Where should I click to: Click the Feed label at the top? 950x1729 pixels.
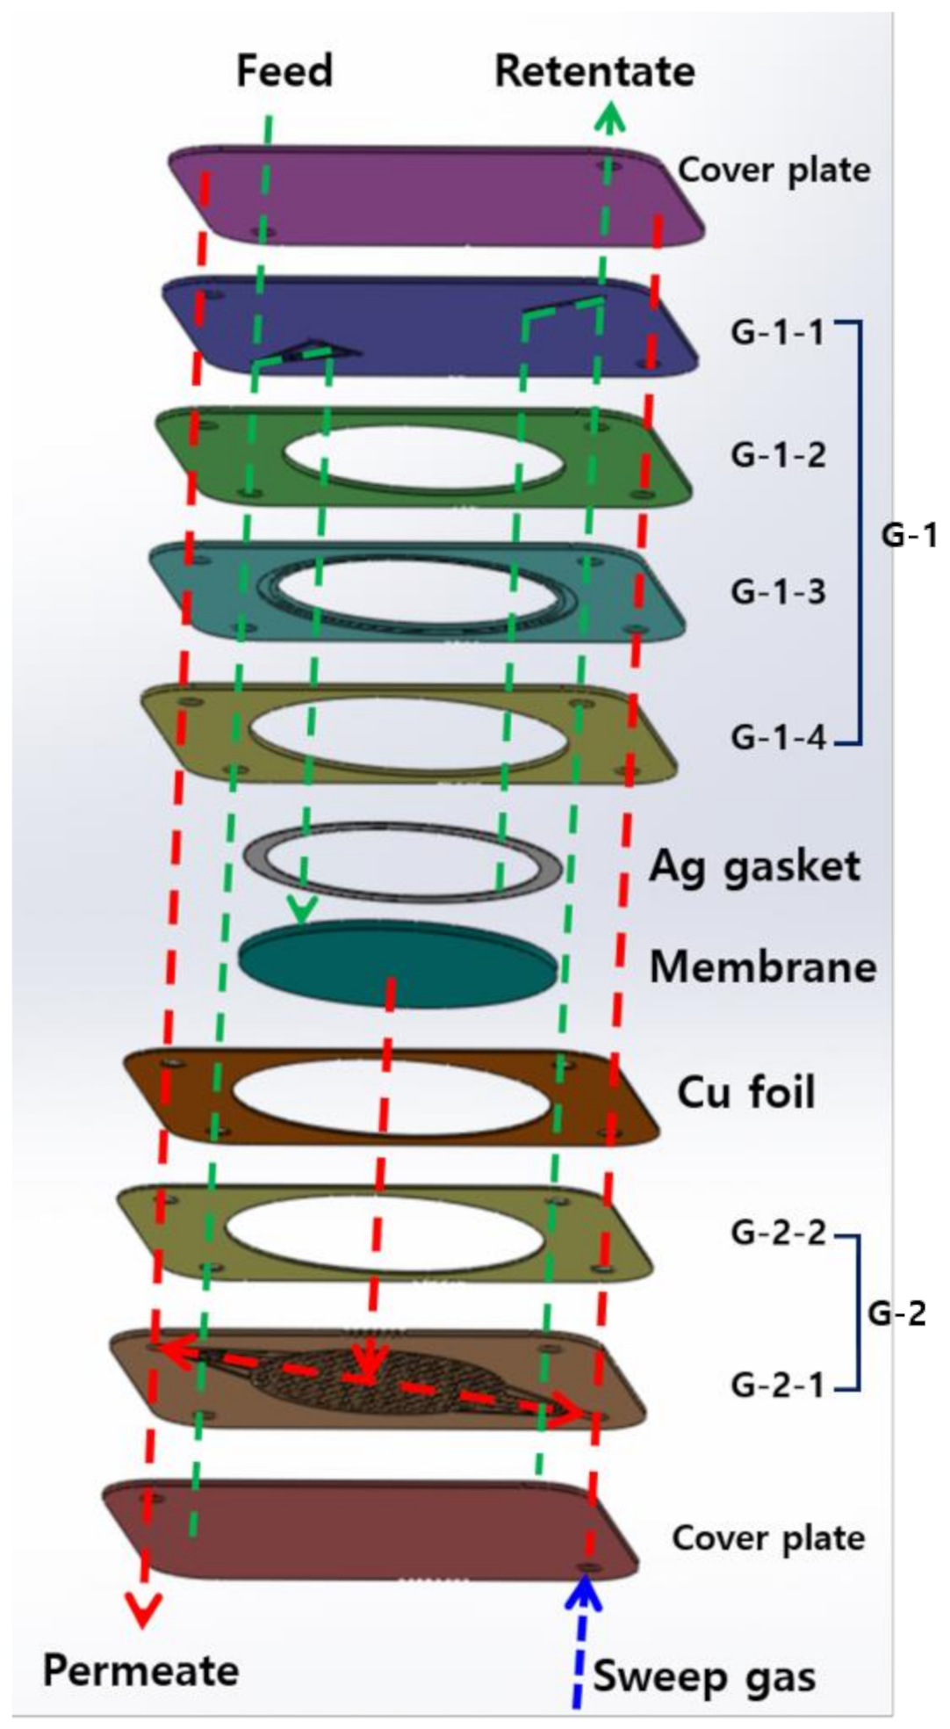click(x=284, y=70)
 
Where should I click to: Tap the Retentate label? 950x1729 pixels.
click(x=594, y=71)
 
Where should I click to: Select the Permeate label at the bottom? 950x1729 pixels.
click(x=140, y=1669)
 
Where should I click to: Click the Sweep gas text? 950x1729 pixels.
click(x=704, y=1675)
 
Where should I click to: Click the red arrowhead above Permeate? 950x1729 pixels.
click(x=144, y=1610)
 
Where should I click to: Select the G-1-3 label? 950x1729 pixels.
click(x=778, y=591)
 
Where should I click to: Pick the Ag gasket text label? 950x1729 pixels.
click(x=754, y=866)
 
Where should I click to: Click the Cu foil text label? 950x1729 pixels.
click(x=745, y=1092)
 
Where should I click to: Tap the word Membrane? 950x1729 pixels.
click(x=762, y=966)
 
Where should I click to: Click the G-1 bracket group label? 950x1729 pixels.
click(x=909, y=534)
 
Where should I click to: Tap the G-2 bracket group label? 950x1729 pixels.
click(x=896, y=1313)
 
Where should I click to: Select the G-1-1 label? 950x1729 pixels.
click(x=778, y=333)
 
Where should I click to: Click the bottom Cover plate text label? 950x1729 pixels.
click(x=768, y=1537)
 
